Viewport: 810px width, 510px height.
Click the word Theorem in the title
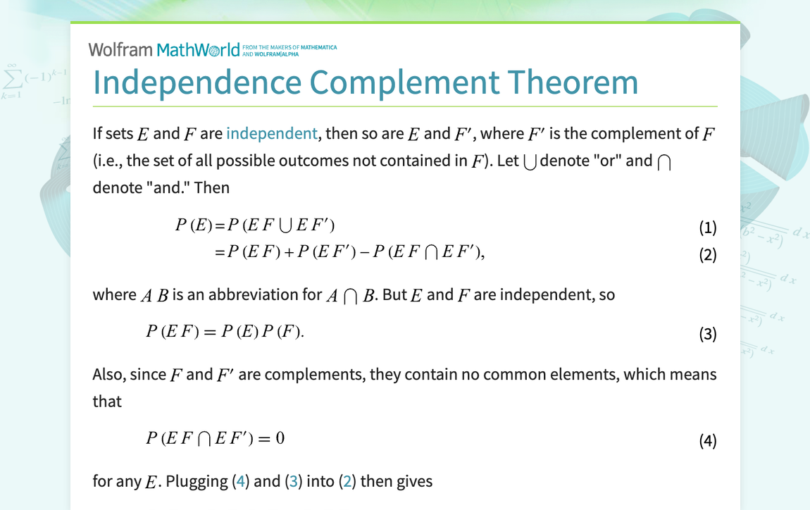(573, 82)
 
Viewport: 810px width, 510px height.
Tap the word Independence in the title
(197, 83)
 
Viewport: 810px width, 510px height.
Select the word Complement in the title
(404, 83)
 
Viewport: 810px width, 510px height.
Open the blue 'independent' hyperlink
(272, 133)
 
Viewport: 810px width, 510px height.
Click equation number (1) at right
(708, 228)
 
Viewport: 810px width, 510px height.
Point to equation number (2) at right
(708, 255)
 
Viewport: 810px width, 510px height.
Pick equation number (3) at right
(708, 334)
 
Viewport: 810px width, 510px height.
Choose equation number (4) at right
(708, 441)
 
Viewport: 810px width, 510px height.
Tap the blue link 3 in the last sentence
(294, 481)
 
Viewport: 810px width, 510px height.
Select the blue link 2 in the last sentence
(347, 481)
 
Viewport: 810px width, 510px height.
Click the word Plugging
(197, 482)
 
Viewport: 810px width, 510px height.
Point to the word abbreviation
(265, 294)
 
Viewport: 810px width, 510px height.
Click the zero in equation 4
(280, 438)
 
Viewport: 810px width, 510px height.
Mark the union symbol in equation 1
(285, 225)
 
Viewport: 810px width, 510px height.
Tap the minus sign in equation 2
(365, 251)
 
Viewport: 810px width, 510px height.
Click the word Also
(108, 374)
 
